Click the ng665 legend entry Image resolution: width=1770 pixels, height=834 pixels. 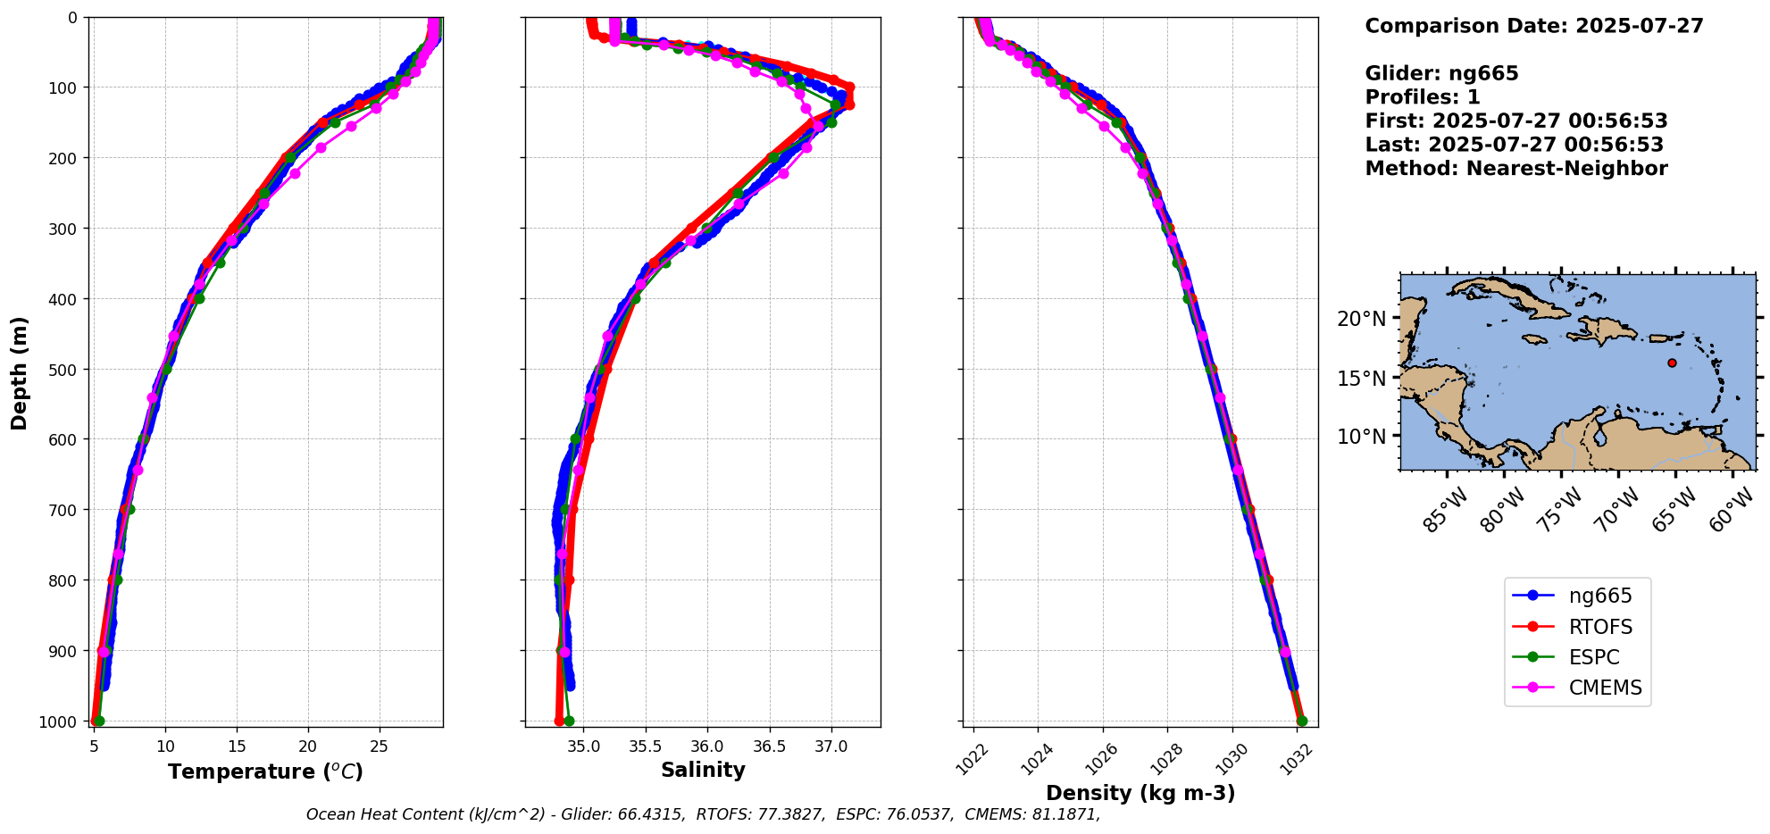[x=1599, y=596]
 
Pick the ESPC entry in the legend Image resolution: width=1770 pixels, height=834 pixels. [x=1593, y=657]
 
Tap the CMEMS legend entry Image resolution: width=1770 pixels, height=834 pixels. [x=1605, y=688]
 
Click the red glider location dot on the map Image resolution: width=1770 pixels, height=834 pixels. [x=1672, y=363]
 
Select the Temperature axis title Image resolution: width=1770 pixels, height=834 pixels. [x=265, y=771]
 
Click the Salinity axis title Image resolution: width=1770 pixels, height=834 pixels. [x=703, y=770]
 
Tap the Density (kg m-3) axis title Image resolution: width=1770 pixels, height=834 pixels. [x=1140, y=793]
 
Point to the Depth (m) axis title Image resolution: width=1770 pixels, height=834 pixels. [x=20, y=372]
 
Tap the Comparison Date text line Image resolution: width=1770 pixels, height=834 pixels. [x=1533, y=26]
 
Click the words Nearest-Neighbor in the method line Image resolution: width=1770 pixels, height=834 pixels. [x=1566, y=168]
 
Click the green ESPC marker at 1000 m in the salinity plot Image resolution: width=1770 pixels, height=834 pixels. [x=569, y=721]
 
